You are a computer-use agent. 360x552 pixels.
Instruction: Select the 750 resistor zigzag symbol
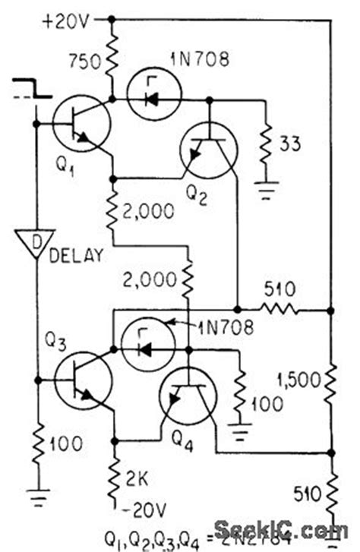[112, 59]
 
